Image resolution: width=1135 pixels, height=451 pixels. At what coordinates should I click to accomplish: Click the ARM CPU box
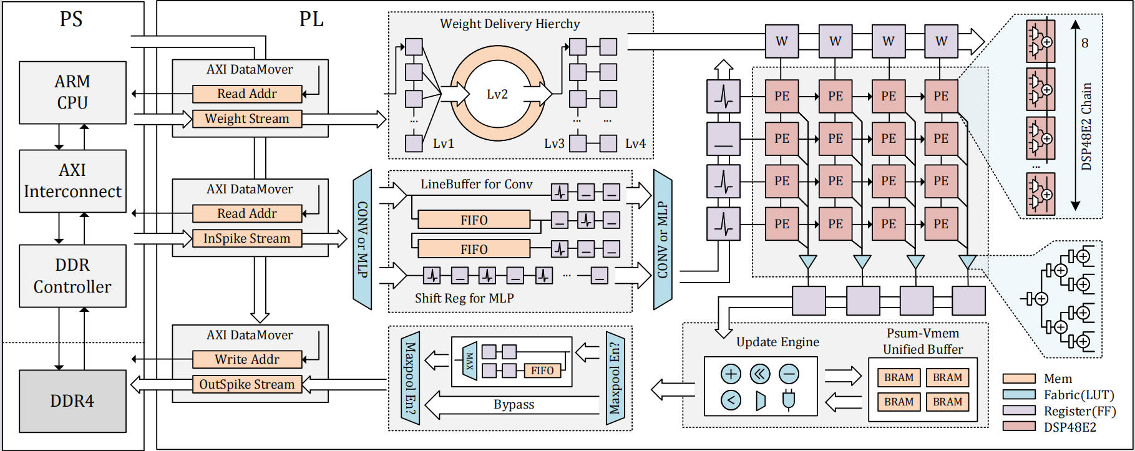(72, 92)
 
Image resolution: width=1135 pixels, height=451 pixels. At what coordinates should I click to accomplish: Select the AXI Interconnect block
(72, 181)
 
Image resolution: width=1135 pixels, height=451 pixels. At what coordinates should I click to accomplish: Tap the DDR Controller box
(72, 276)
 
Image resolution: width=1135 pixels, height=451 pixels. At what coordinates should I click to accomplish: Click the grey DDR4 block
(72, 401)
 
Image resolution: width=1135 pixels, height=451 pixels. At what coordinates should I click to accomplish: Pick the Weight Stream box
(247, 119)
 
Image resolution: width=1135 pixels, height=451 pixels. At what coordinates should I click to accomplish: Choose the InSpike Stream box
(247, 238)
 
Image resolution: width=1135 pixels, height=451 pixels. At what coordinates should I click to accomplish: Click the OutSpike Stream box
(247, 384)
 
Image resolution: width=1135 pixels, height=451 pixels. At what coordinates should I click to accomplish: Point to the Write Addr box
(247, 359)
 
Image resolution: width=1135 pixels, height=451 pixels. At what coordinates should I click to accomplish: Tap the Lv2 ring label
(497, 94)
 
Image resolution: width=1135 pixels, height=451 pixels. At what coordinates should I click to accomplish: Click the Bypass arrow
(514, 405)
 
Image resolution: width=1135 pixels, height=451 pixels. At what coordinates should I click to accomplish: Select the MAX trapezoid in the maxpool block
(470, 361)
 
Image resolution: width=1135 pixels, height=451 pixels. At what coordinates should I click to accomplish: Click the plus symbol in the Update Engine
(731, 374)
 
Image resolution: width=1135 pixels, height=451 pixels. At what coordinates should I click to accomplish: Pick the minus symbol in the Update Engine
(789, 374)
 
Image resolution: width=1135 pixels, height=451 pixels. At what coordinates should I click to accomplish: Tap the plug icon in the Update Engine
(789, 400)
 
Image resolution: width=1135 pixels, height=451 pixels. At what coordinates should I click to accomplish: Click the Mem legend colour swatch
(1019, 379)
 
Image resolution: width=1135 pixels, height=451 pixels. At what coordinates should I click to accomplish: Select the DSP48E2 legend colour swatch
(1019, 427)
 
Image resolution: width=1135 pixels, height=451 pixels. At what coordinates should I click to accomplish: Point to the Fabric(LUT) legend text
(1079, 395)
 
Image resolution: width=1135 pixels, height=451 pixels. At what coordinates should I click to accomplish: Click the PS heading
(71, 19)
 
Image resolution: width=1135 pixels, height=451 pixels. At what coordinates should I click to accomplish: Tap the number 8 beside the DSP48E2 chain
(1085, 43)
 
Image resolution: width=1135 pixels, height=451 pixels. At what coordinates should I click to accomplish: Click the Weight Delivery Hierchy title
(510, 24)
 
